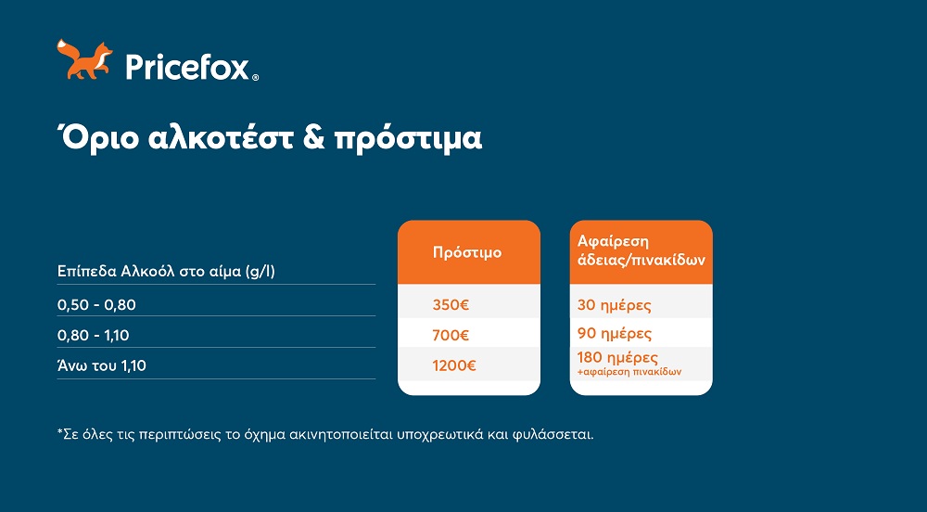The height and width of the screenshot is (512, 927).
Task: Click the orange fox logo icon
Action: [84, 59]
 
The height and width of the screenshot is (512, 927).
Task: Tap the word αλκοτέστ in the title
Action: [221, 138]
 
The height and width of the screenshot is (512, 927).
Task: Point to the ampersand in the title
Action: [314, 138]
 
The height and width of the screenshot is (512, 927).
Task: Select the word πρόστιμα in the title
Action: [408, 139]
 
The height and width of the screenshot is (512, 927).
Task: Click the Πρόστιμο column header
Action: [467, 252]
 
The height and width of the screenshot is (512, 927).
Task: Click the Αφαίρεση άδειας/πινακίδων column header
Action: [641, 250]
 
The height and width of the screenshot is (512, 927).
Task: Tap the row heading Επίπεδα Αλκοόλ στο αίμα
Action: [166, 272]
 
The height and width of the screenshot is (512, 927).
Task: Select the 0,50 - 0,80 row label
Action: [96, 305]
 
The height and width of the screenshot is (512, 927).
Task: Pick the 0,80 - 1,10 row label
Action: [94, 335]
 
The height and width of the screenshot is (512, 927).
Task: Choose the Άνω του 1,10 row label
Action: [102, 365]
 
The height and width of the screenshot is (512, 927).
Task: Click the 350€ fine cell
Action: [451, 305]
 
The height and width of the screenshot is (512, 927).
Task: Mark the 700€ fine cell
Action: [451, 335]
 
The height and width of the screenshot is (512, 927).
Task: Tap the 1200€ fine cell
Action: [454, 365]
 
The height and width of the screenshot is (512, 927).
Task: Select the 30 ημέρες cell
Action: [615, 306]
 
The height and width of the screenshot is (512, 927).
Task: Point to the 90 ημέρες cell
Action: [615, 334]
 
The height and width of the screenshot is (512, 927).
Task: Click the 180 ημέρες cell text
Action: [617, 358]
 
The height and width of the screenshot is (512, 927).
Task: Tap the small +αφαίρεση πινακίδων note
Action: [629, 372]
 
